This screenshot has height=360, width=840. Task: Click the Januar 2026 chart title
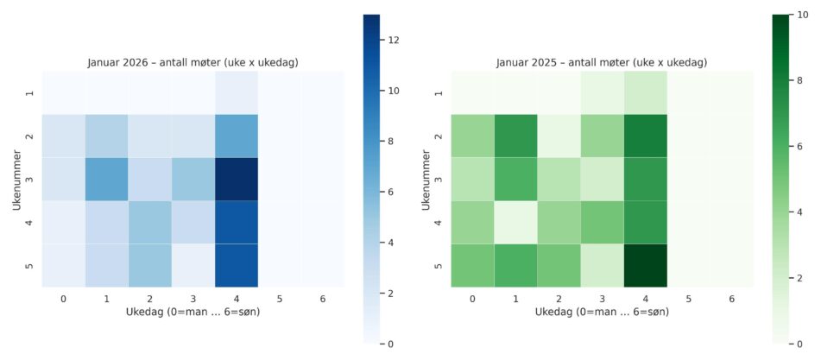(193, 63)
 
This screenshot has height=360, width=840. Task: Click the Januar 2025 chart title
(602, 63)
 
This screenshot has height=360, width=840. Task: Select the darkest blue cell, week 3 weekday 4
(236, 180)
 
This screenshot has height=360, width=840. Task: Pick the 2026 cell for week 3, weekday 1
(107, 180)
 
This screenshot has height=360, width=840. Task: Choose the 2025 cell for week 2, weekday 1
(516, 136)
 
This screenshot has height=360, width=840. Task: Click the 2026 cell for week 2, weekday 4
(236, 136)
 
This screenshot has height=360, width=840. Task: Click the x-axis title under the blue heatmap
(193, 312)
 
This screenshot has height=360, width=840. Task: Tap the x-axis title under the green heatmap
(602, 312)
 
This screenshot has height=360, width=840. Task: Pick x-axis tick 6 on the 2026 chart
(321, 298)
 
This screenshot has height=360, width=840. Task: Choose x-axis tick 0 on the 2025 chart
(473, 298)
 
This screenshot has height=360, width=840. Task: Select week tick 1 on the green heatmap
(440, 92)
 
